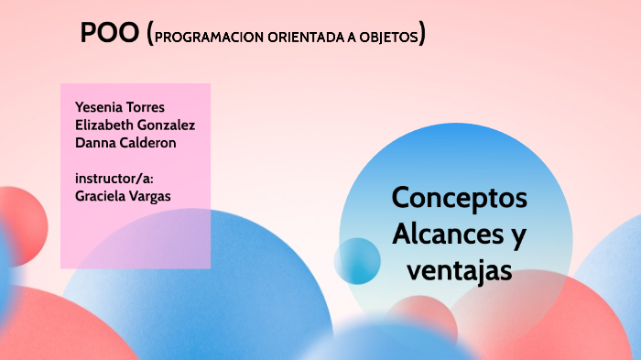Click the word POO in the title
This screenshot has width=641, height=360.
[110, 34]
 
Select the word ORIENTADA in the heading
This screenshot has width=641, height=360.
[306, 38]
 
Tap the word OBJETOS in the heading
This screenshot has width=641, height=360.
[391, 38]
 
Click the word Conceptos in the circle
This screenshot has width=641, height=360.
[459, 198]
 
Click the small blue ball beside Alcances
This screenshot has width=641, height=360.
[357, 260]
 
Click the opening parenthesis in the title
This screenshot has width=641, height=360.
[149, 35]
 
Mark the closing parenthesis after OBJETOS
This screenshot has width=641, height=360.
[422, 36]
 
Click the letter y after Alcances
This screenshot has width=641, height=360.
[517, 237]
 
